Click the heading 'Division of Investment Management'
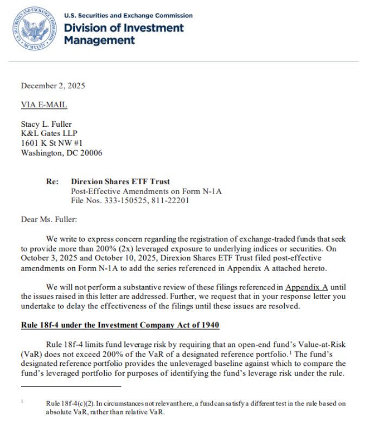(124, 34)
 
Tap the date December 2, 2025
(53, 86)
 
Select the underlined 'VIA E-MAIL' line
(44, 105)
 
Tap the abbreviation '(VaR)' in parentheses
(33, 354)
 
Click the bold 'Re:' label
(52, 182)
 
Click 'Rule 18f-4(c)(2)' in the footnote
(69, 404)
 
